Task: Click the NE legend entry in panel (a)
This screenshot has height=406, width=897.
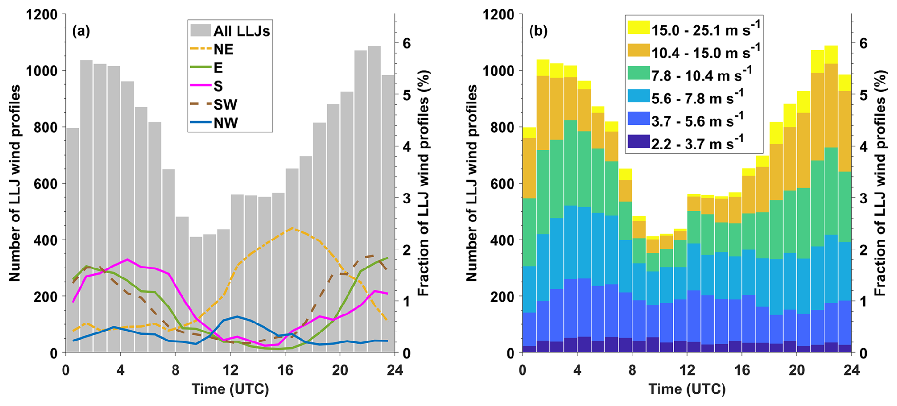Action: point(223,49)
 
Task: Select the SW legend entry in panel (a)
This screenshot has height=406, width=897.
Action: point(225,104)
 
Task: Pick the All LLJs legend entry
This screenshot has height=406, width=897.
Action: point(241,31)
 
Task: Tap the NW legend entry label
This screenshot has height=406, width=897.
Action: point(226,123)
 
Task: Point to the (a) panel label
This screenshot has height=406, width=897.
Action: point(81,31)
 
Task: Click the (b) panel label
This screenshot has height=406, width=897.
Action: point(538,31)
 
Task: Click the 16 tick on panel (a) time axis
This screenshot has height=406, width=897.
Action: point(285,369)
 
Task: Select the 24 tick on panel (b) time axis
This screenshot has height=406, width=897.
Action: point(851,369)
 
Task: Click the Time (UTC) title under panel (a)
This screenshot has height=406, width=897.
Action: point(230,389)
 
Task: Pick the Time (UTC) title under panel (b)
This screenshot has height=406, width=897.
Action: point(687,389)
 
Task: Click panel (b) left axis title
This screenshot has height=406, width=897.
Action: point(471,184)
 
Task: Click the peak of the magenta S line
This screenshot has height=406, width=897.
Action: point(127,259)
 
